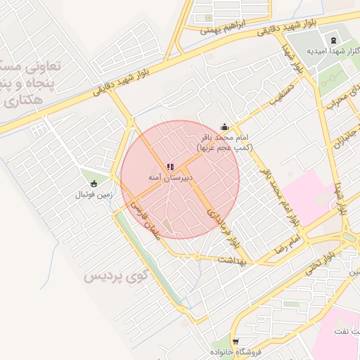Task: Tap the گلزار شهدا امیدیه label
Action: click(x=333, y=50)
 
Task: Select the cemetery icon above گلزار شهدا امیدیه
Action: click(x=333, y=38)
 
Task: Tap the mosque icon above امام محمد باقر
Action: click(x=224, y=127)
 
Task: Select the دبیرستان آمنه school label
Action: click(x=169, y=179)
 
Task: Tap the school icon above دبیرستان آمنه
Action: click(x=169, y=167)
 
